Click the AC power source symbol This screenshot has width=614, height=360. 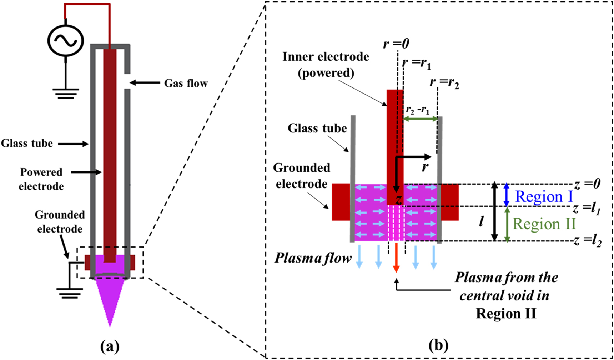tap(66, 40)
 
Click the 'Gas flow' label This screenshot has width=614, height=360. tap(186, 83)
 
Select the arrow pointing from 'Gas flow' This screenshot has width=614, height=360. tap(145, 83)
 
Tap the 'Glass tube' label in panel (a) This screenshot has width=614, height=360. tap(27, 144)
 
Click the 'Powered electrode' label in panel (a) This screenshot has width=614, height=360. tap(41, 179)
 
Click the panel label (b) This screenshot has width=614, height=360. tap(438, 345)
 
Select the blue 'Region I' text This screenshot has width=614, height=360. tap(544, 197)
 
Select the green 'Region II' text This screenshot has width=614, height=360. tap(544, 224)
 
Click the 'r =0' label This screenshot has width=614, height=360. tap(396, 44)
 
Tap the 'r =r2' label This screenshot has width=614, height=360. tap(444, 83)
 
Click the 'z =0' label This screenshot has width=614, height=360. tap(587, 184)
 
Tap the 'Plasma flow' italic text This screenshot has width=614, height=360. tap(313, 258)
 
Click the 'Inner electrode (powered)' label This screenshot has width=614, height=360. tap(326, 65)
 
